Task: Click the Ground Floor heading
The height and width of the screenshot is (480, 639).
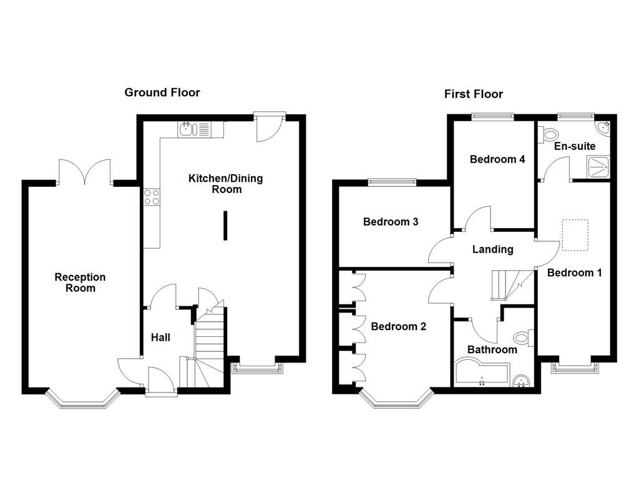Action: [x=162, y=92]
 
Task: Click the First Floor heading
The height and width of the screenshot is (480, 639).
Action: [x=473, y=94]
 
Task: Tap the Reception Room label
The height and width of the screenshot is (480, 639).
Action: [x=80, y=282]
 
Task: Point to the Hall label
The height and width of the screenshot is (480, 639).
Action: [x=160, y=337]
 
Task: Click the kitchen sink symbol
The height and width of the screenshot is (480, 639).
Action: [x=188, y=129]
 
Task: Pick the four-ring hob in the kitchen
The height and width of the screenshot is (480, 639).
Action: [x=151, y=197]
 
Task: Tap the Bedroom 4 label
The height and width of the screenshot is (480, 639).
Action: [x=497, y=159]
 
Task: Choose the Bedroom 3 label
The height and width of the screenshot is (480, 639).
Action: [x=390, y=222]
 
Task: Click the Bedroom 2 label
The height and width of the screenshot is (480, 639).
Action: [x=398, y=326]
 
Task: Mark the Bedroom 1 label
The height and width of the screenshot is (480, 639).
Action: [x=574, y=272]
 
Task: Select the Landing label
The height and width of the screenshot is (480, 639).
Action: [x=492, y=249]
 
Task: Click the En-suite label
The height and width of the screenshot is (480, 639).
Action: [x=575, y=146]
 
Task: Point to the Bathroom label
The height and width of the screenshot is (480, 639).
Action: [x=492, y=349]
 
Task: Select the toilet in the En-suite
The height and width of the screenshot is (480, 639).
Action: [x=550, y=134]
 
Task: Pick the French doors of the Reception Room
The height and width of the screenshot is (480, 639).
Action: [x=84, y=171]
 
